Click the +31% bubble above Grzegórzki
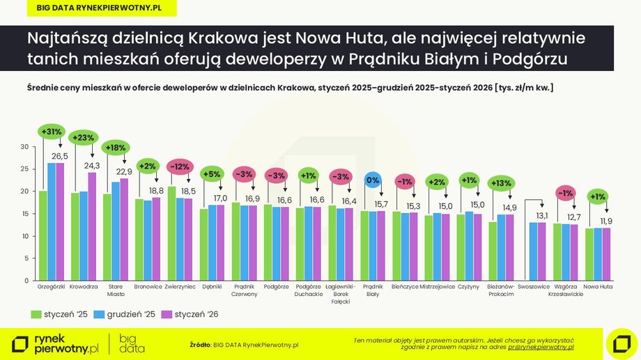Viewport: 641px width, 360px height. pyautogui.click(x=52, y=131)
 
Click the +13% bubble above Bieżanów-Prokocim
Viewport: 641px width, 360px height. pyautogui.click(x=500, y=183)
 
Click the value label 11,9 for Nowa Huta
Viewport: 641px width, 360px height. pyautogui.click(x=608, y=221)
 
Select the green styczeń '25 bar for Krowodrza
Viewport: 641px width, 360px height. pyautogui.click(x=75, y=236)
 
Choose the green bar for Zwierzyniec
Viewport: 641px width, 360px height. pyautogui.click(x=171, y=233)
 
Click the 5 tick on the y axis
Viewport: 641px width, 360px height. pyautogui.click(x=25, y=258)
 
